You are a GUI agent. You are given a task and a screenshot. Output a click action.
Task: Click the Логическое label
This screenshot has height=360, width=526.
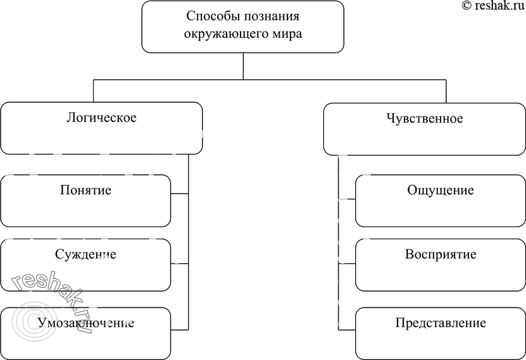click(101, 118)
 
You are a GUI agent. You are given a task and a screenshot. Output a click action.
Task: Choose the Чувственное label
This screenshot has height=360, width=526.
click(424, 118)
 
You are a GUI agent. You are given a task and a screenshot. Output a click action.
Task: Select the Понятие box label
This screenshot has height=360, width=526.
click(85, 190)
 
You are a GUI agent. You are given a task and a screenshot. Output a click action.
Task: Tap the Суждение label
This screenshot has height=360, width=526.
click(85, 254)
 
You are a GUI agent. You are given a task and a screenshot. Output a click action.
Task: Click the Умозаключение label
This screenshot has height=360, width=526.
click(85, 323)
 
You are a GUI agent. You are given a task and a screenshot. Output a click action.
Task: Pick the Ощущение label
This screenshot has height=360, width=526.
click(441, 190)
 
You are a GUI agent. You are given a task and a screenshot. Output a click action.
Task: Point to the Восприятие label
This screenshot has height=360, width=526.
click(441, 255)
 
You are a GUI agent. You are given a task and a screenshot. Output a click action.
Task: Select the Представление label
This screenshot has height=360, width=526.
click(441, 323)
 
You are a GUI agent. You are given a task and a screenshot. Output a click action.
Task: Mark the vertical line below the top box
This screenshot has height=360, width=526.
click(243, 66)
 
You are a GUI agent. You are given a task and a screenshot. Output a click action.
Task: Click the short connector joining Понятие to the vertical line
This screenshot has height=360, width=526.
click(180, 193)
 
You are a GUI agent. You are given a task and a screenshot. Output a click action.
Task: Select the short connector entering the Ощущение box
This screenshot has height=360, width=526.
click(348, 199)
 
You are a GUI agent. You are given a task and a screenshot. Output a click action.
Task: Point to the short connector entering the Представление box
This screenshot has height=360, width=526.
click(348, 330)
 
